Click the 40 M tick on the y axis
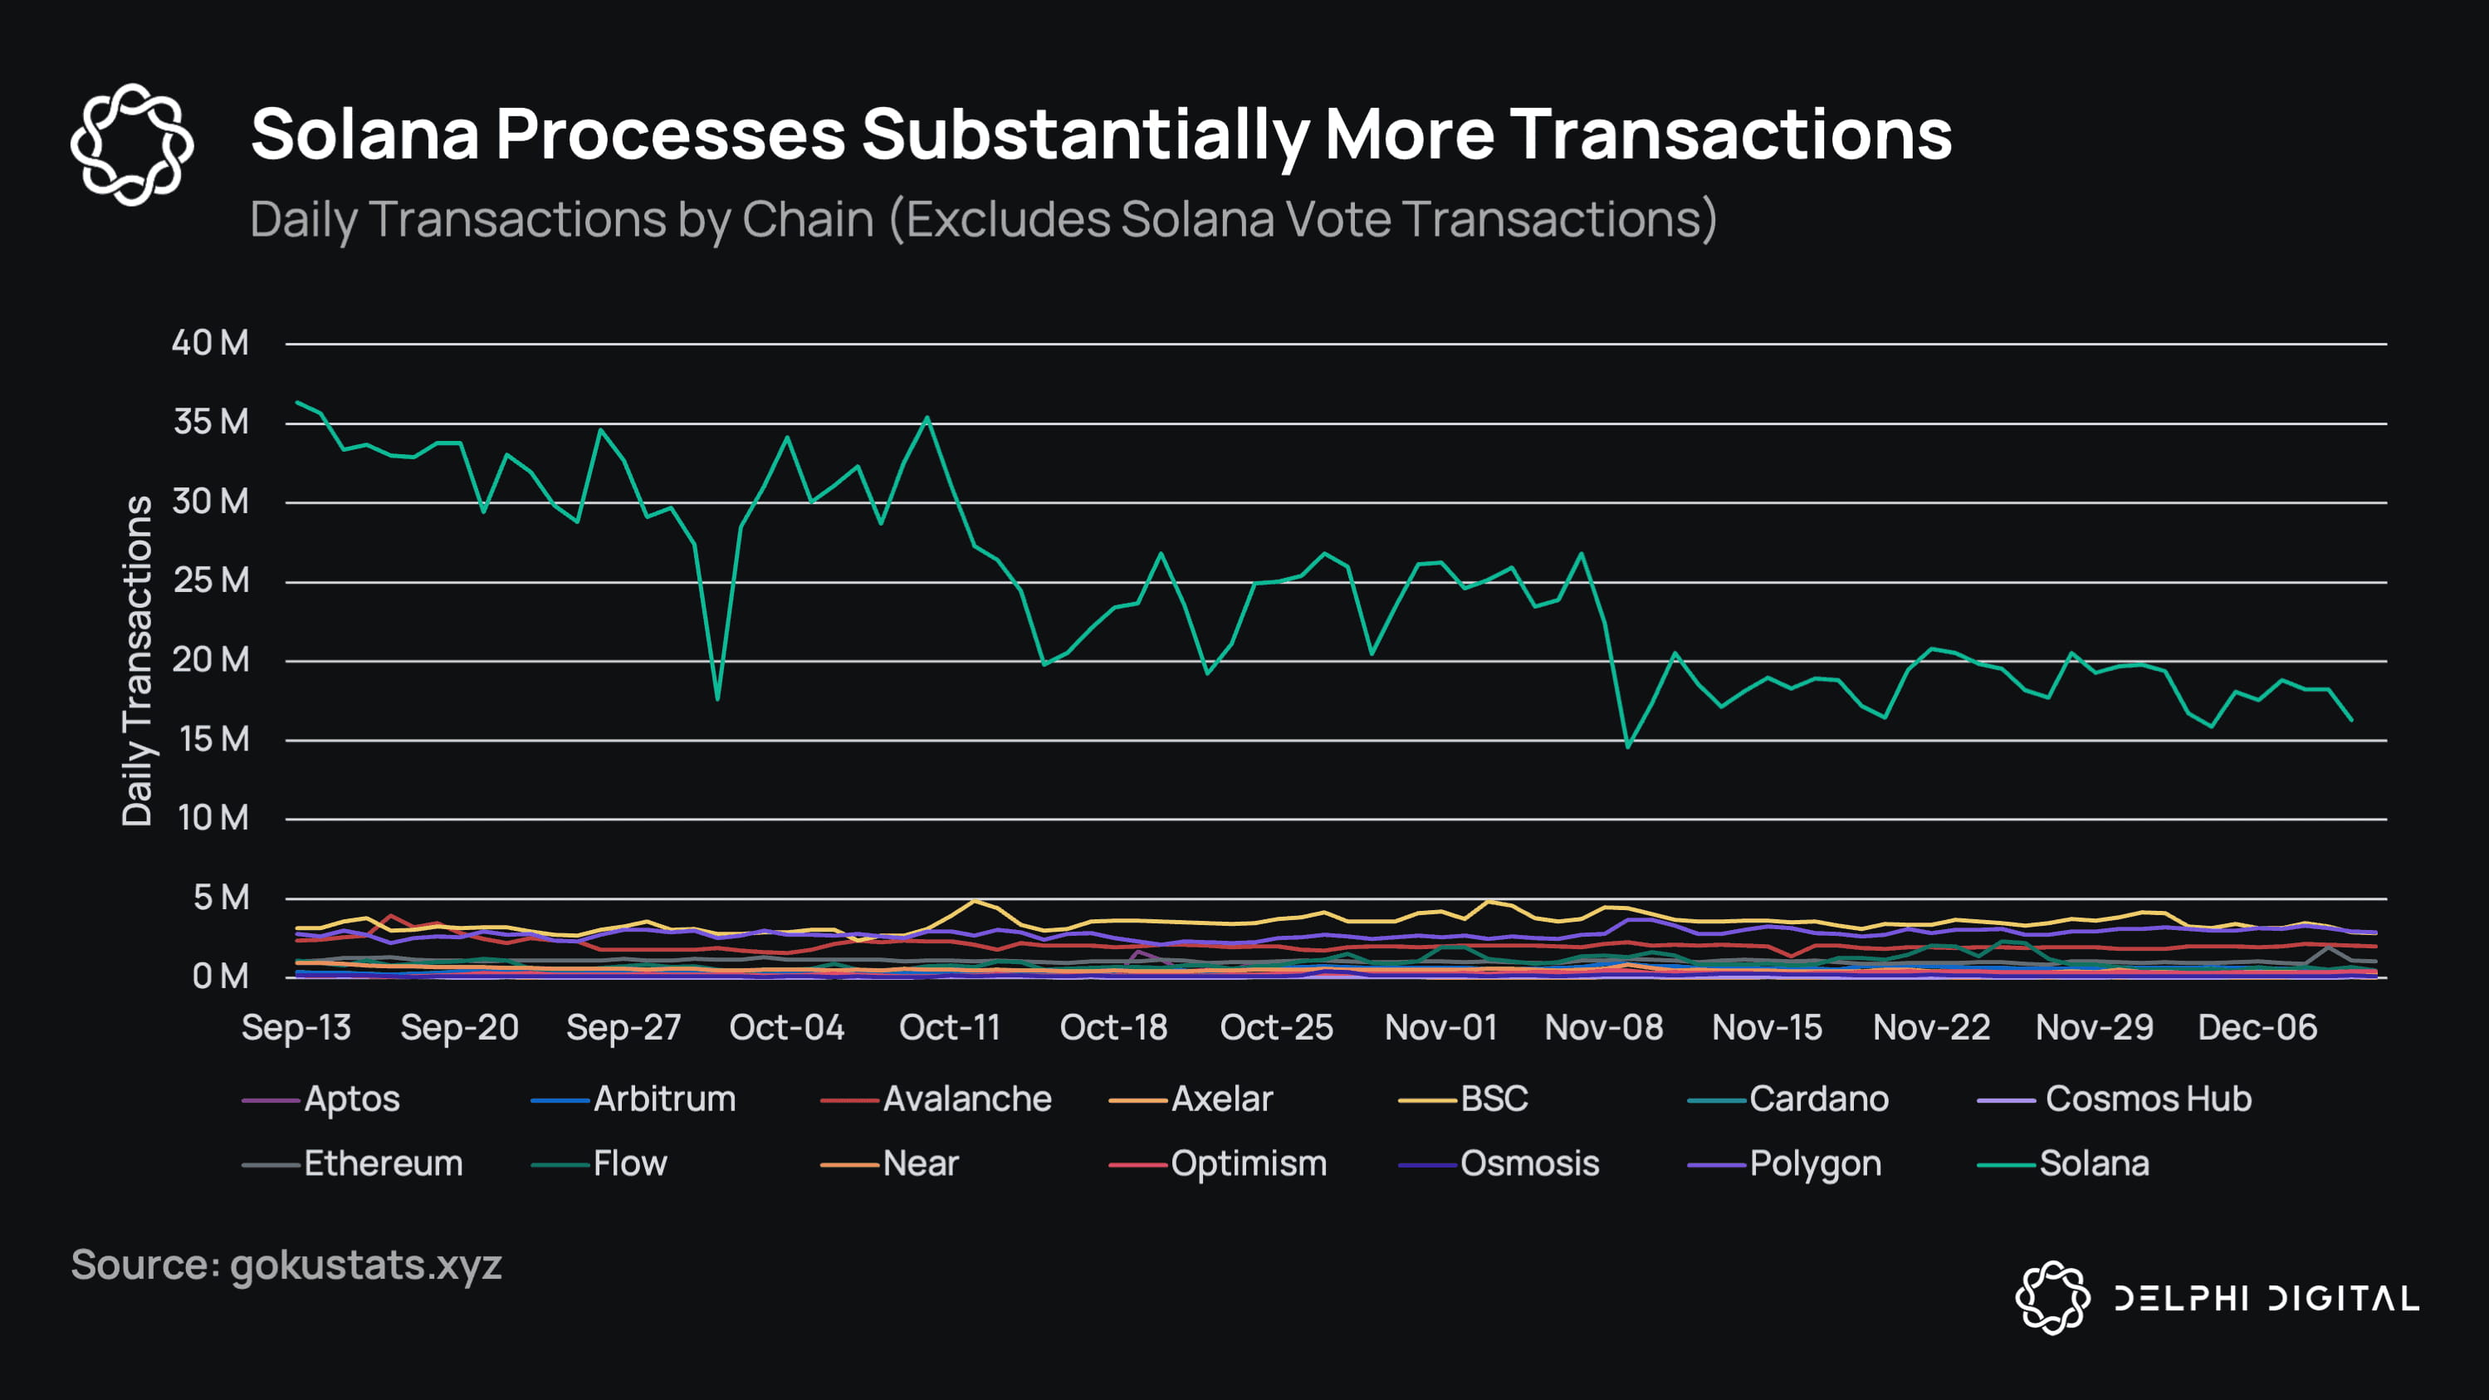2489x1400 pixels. coord(210,343)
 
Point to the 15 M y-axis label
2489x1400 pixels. coord(213,740)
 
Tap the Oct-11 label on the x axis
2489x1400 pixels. coord(950,1027)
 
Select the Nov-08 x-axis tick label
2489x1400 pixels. coord(1603,1027)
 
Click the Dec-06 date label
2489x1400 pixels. coord(2257,1027)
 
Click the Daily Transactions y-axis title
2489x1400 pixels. coord(137,661)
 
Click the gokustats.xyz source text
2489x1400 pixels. coord(365,1265)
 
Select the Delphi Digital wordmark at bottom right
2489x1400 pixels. coord(2266,1298)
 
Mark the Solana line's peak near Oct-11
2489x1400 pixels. coord(927,419)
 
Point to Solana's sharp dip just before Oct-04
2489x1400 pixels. coord(717,698)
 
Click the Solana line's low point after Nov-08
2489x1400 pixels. coord(1628,746)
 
